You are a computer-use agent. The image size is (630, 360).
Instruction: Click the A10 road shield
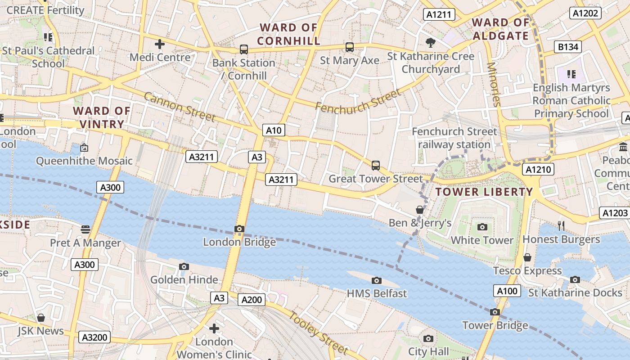pos(274,130)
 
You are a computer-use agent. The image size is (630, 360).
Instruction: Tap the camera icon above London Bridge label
pos(239,229)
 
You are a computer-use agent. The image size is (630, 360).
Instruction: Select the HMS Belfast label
pos(377,293)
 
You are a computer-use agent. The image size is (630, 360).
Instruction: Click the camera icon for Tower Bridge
pos(495,312)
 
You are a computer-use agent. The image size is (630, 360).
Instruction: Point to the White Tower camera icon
pos(482,227)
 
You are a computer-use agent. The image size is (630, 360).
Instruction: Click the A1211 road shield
pos(439,15)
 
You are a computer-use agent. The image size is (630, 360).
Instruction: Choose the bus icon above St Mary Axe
pos(350,47)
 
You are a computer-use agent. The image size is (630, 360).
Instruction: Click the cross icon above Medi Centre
pos(160,44)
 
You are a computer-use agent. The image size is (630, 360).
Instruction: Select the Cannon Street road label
pos(180,107)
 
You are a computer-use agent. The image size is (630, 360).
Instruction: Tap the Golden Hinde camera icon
pos(184,266)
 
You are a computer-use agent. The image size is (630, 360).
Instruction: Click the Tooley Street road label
pos(318,333)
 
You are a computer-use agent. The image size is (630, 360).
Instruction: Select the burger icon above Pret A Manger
pos(85,229)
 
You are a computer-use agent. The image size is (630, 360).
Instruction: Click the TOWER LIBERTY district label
pos(484,192)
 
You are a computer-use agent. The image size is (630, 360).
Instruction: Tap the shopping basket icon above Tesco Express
pos(527,257)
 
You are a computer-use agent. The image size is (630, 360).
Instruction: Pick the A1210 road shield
pos(538,169)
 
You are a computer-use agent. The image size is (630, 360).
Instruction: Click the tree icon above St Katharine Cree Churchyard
pos(431,43)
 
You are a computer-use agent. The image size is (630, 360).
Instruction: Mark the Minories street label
pos(493,84)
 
